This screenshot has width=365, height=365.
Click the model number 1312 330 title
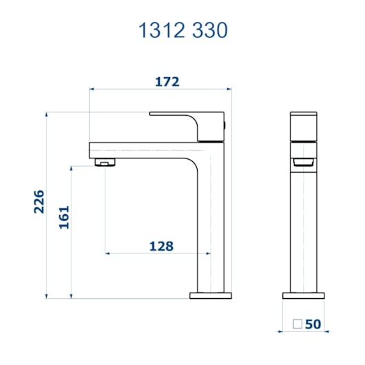(182, 30)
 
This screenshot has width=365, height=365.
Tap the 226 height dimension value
(39, 201)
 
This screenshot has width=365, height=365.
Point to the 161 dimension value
(63, 217)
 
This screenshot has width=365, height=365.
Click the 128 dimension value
(160, 246)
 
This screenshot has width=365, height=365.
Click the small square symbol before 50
(297, 324)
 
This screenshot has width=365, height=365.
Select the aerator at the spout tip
(103, 163)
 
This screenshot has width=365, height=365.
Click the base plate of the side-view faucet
(210, 295)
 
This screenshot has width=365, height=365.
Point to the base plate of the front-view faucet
(302, 295)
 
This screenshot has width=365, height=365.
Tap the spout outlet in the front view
(302, 162)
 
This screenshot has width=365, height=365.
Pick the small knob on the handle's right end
(226, 125)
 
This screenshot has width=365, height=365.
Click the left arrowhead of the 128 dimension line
(107, 253)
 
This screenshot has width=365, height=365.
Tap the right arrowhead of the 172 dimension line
(229, 89)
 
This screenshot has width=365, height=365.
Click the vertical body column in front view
(302, 227)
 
